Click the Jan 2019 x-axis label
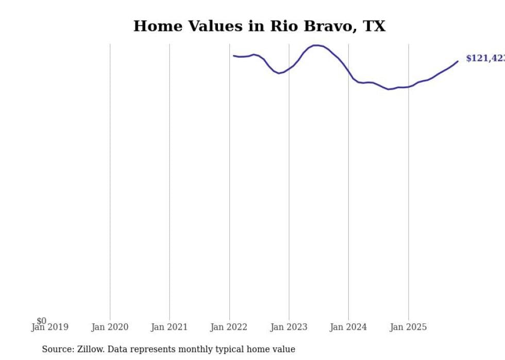(49, 327)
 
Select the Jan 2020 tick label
(110, 327)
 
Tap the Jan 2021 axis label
(170, 327)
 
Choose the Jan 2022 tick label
(229, 327)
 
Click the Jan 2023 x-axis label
(289, 327)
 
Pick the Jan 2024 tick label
(348, 327)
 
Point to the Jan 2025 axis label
(408, 327)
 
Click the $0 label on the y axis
(41, 321)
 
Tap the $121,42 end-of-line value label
(485, 58)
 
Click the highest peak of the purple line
(316, 45)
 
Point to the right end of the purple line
(458, 61)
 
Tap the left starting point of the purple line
(233, 56)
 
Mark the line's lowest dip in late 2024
(389, 89)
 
